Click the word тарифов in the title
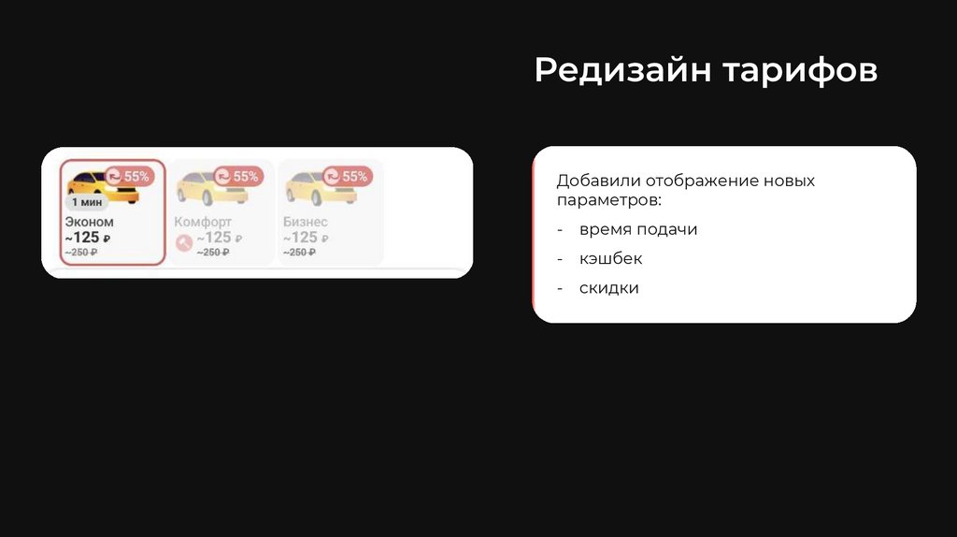tap(800, 71)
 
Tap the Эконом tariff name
tap(89, 222)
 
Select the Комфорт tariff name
tap(203, 222)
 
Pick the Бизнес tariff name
tap(306, 222)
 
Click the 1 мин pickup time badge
tap(87, 201)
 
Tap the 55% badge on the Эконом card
tap(127, 176)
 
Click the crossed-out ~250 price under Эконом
tap(81, 252)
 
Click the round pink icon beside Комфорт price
tap(183, 242)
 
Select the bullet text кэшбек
tap(610, 258)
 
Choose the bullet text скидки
tap(608, 287)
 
